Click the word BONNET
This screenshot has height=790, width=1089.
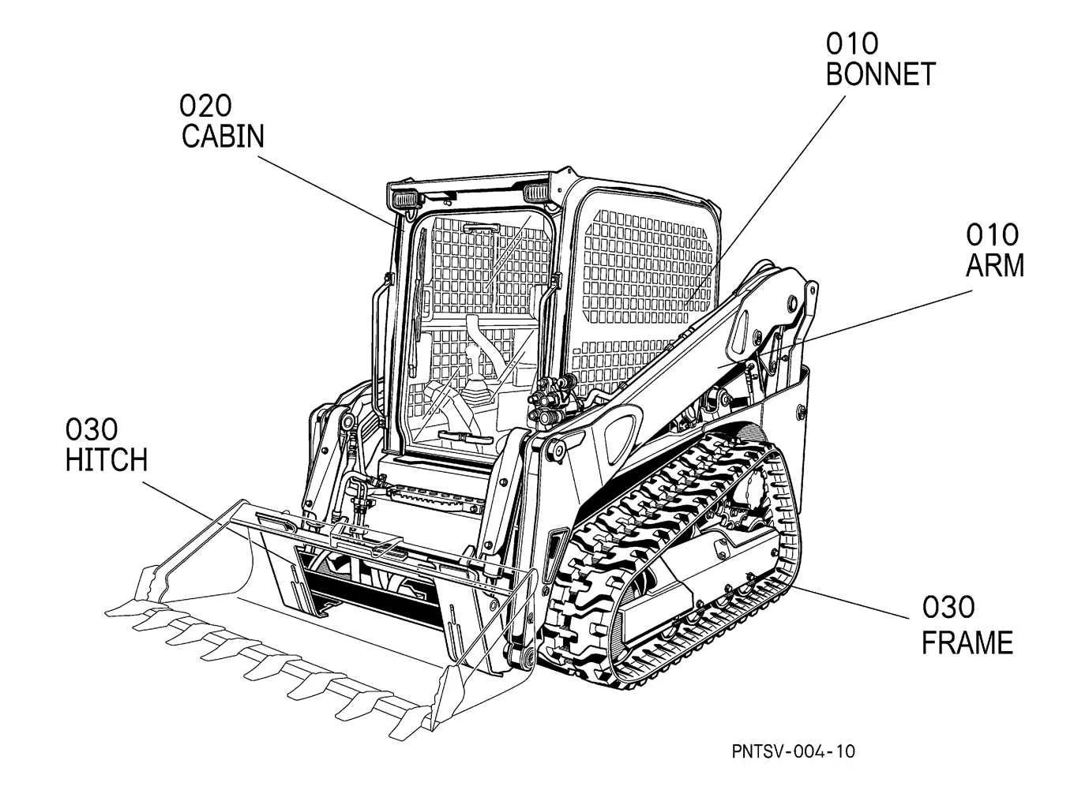[880, 75]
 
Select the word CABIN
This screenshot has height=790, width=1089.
[223, 137]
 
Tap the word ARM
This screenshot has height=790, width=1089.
[995, 266]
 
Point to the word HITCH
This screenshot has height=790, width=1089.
[107, 460]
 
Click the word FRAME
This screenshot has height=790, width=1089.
[967, 643]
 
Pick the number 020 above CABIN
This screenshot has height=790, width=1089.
[205, 104]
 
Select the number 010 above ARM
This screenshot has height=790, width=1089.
[993, 234]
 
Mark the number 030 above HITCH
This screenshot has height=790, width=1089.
[92, 429]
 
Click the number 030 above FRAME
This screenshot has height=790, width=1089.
[948, 608]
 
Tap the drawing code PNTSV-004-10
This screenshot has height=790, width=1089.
[793, 751]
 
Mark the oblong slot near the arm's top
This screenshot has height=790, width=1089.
[743, 331]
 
